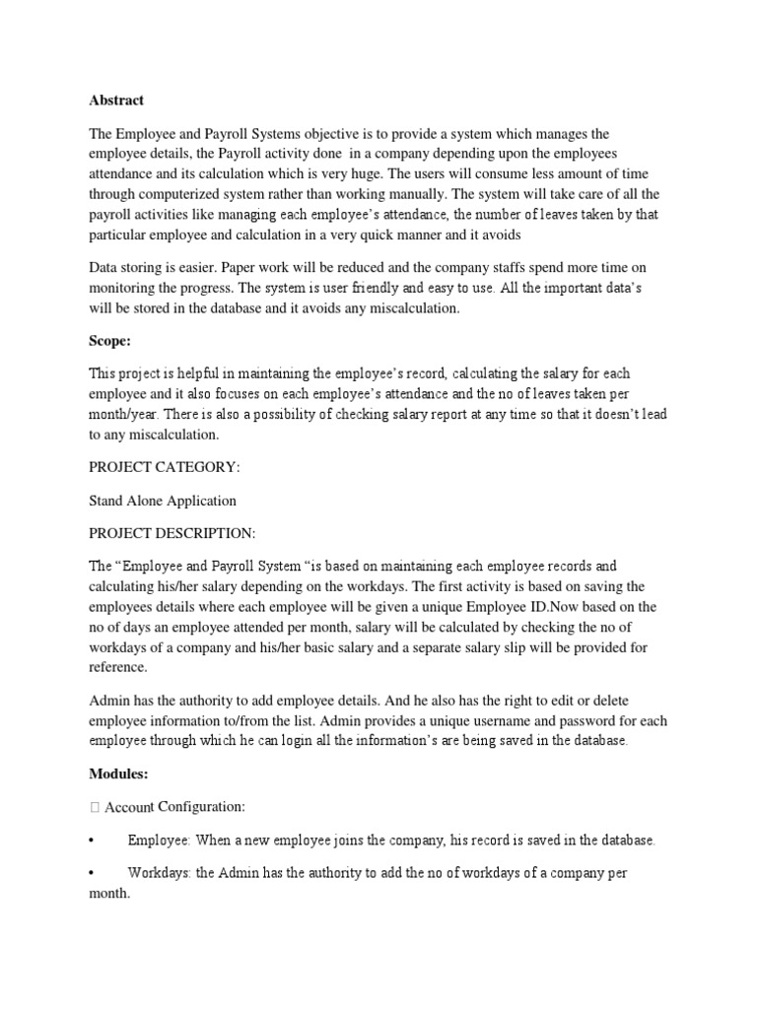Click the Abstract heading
(x=116, y=100)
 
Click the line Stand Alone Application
(x=163, y=501)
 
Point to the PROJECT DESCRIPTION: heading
(x=172, y=533)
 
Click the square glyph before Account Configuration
(x=94, y=808)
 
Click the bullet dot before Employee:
(x=92, y=841)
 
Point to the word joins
(x=354, y=841)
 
